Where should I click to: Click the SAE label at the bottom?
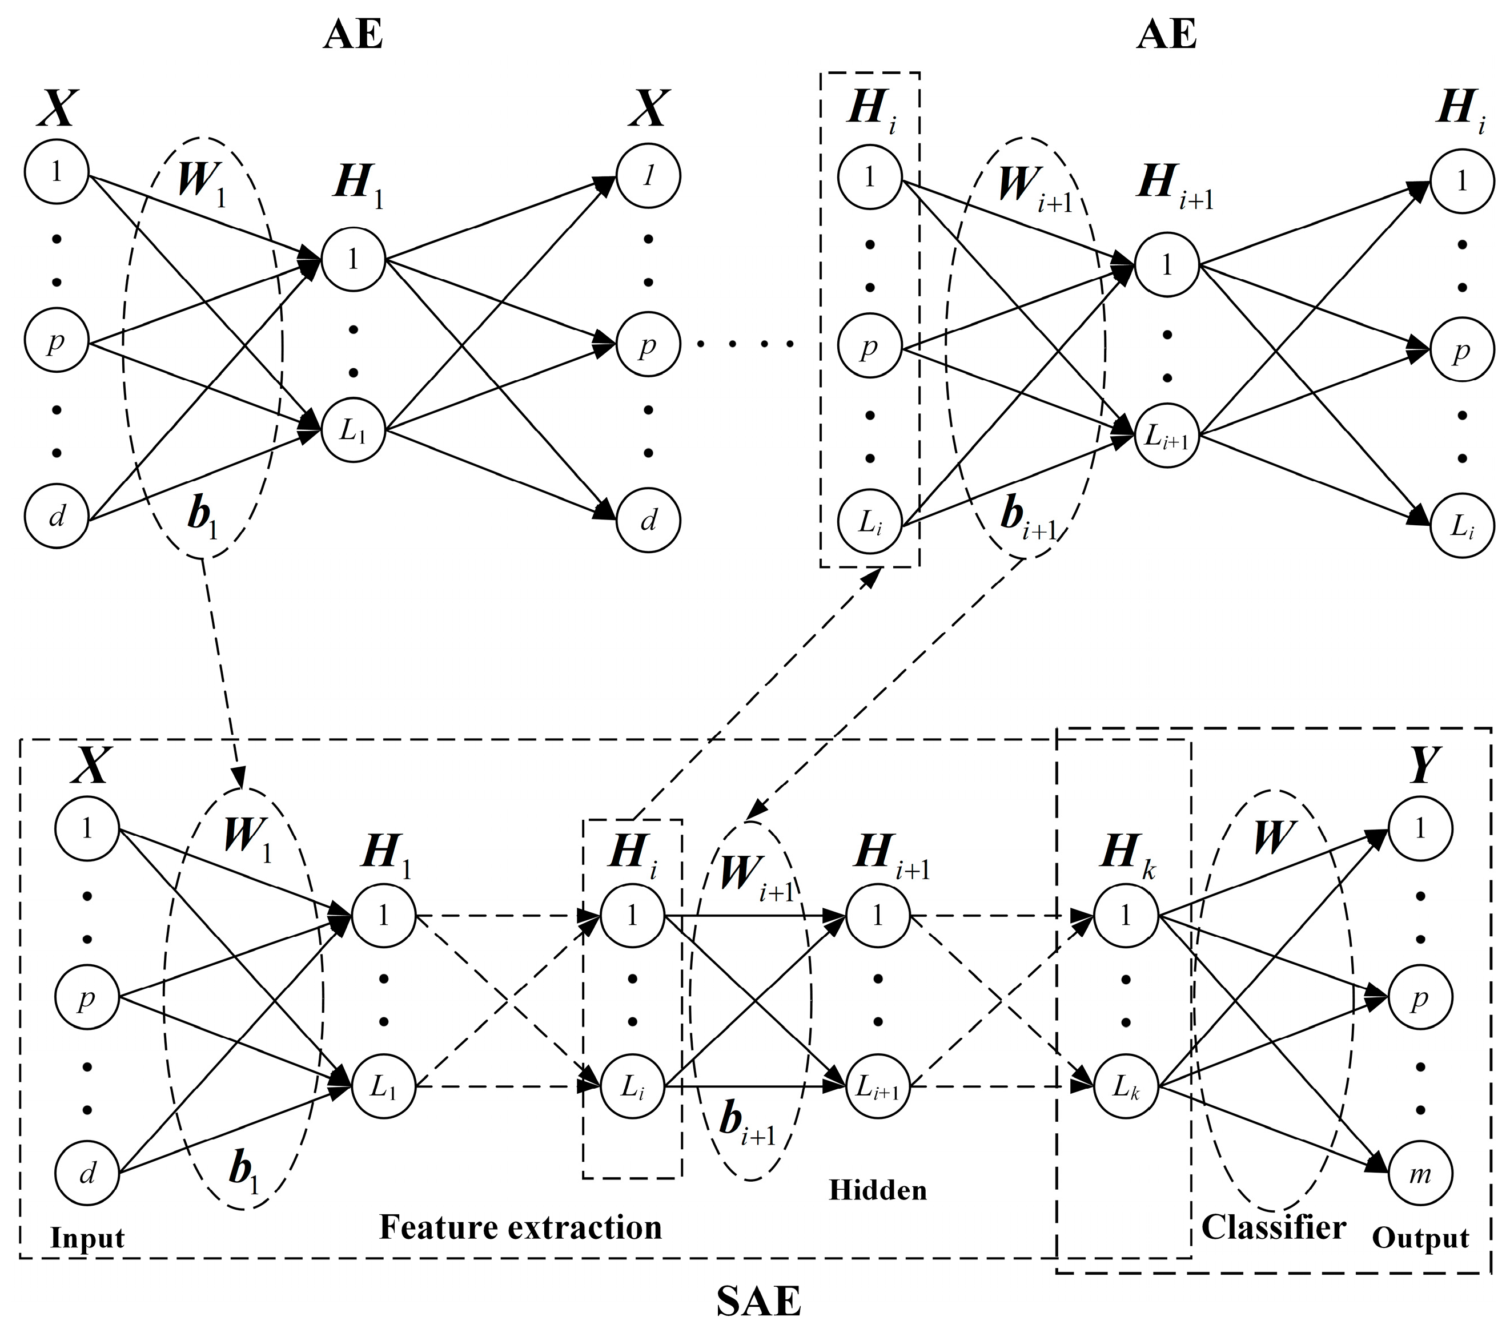758,1302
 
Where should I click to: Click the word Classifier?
1273,1227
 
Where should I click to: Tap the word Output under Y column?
1420,1238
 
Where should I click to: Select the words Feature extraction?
520,1227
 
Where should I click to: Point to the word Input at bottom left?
87,1238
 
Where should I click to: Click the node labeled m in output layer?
1420,1174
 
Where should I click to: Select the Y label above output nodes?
1423,766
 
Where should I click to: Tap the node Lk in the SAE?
1125,1086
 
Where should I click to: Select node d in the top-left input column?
57,518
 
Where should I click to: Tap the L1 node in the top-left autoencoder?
353,430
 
